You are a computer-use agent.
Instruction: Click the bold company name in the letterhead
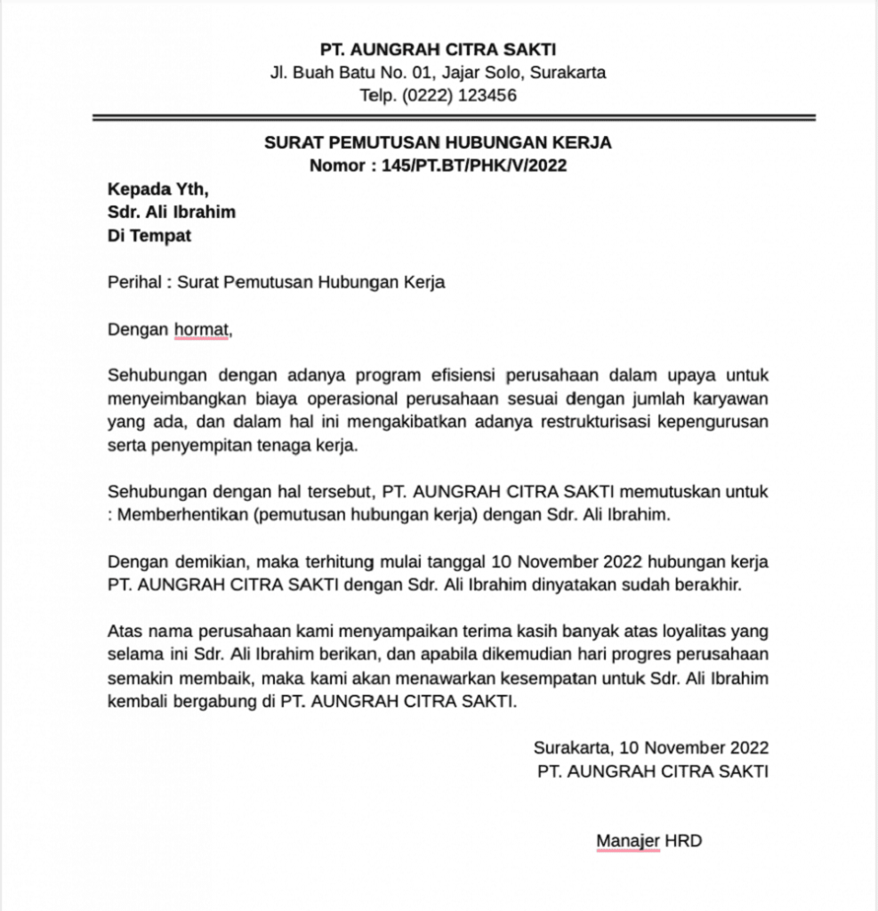[x=439, y=49]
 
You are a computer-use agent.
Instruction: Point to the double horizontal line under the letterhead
[x=454, y=117]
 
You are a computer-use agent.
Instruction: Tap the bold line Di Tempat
[x=149, y=236]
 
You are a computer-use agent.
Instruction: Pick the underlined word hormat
[x=201, y=330]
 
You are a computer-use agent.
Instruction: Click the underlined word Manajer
[x=628, y=840]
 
